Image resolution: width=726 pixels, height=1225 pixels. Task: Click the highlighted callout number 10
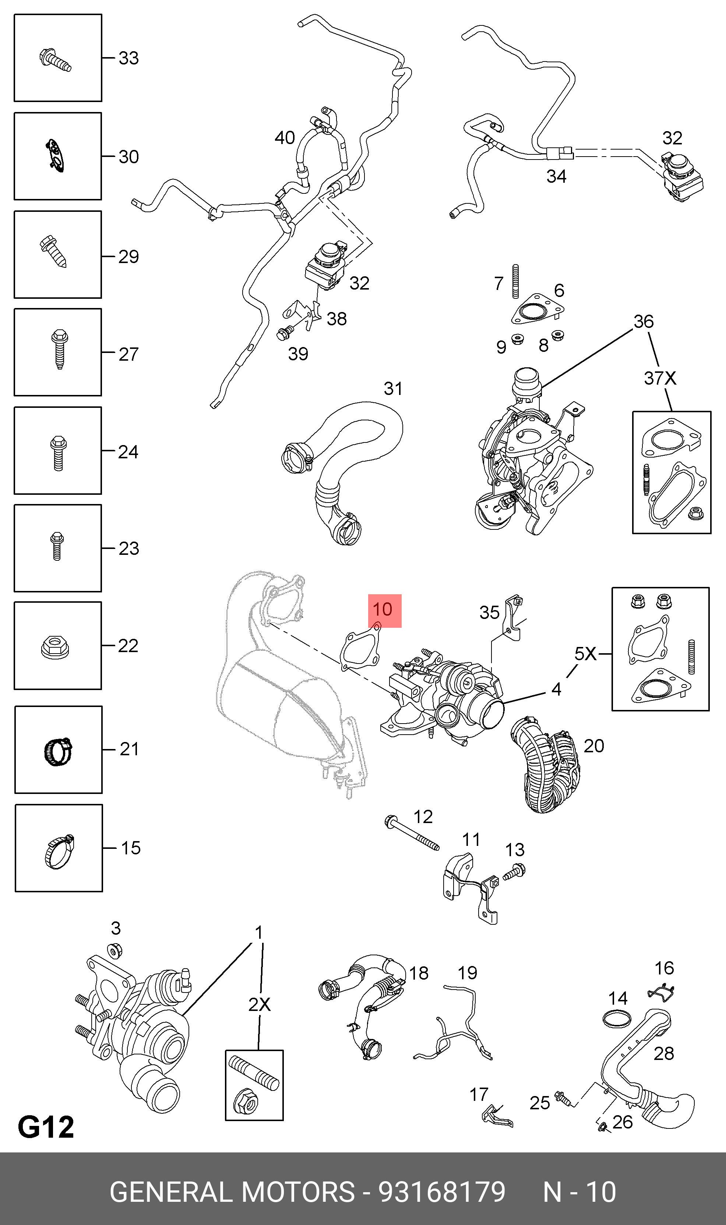[384, 610]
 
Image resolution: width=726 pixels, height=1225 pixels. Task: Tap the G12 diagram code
[46, 1127]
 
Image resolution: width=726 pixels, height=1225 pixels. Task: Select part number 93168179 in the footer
[442, 1192]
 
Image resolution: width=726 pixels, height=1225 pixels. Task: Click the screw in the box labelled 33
[55, 60]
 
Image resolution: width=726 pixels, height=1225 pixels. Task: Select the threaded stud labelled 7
[515, 281]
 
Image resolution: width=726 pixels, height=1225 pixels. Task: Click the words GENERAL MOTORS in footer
[232, 1192]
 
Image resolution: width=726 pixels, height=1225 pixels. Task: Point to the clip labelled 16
[661, 993]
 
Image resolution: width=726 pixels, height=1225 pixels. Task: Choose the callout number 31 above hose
[393, 389]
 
